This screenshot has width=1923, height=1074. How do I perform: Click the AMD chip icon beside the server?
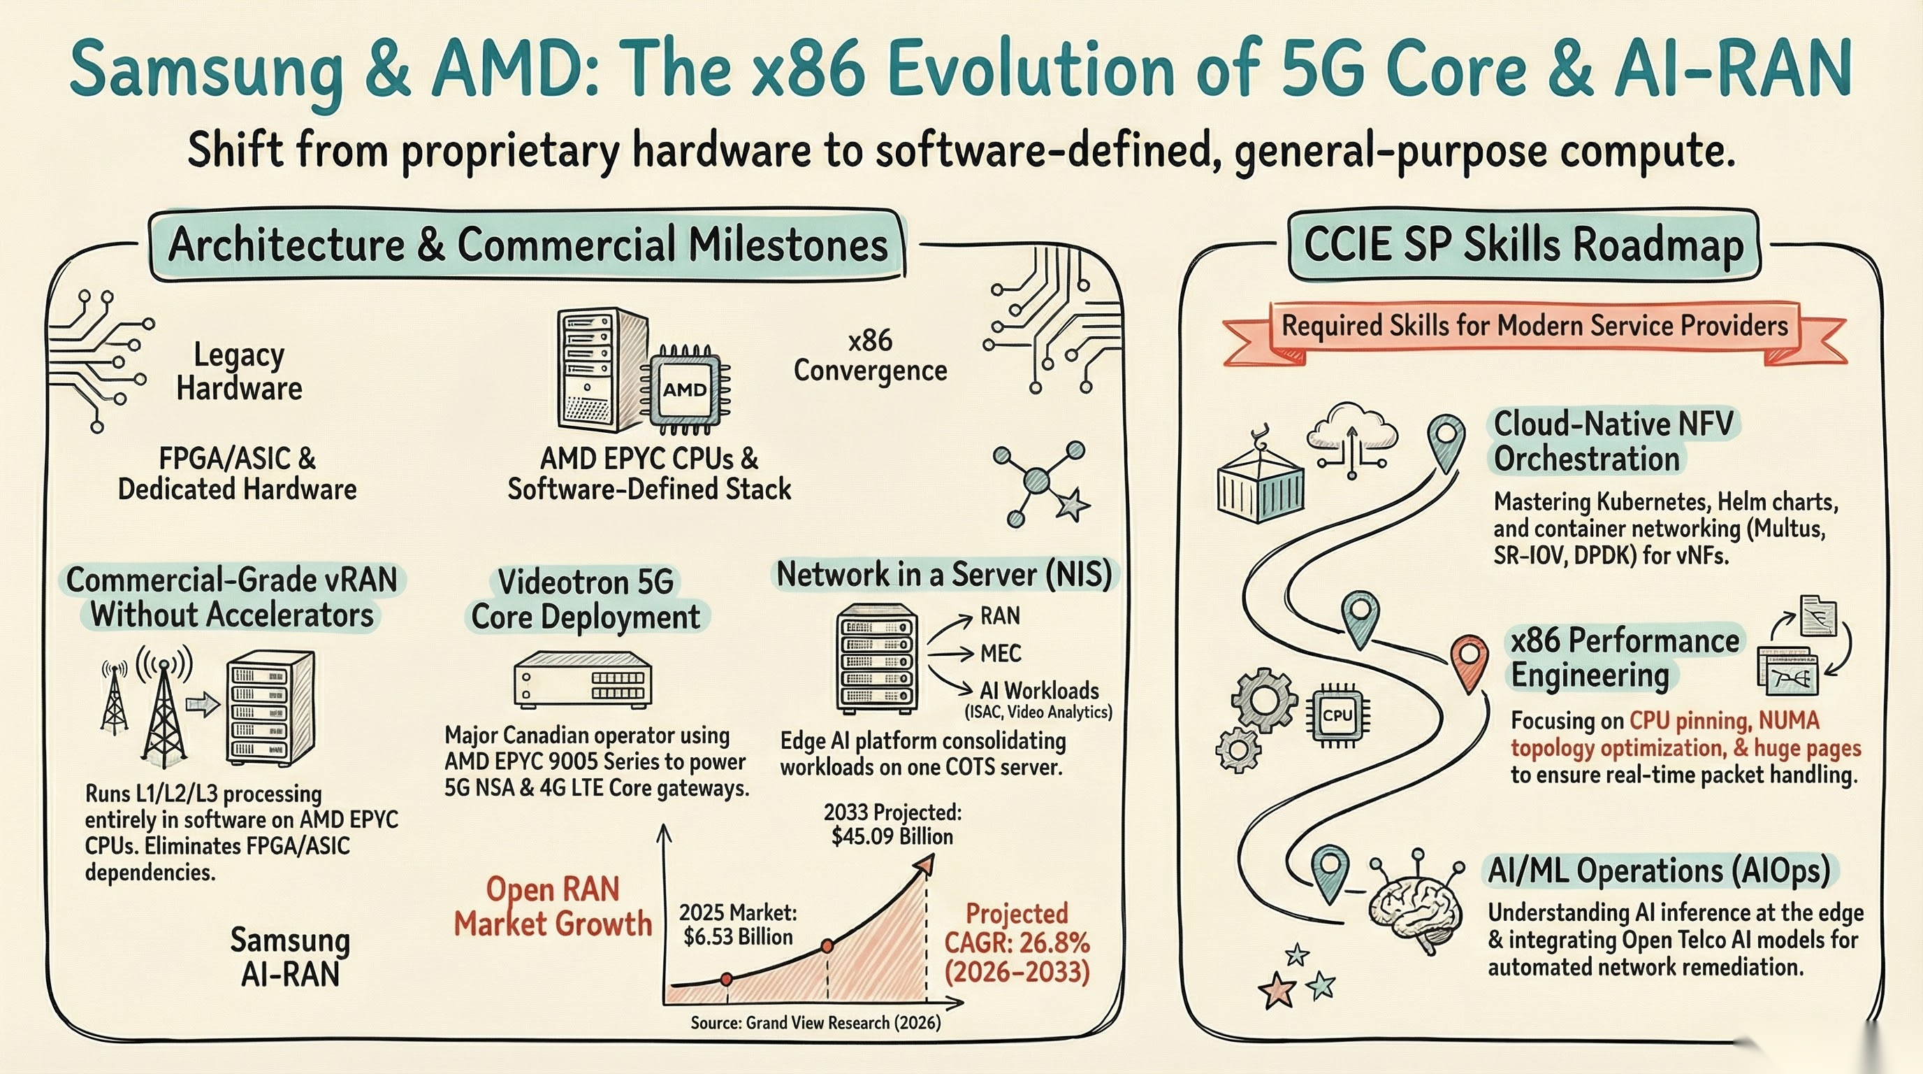685,389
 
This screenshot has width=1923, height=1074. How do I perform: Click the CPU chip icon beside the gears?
1337,715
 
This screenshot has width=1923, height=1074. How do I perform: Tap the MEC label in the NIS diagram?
1001,654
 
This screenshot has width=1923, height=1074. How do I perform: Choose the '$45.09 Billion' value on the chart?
892,836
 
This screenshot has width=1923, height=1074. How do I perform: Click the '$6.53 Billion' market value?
738,936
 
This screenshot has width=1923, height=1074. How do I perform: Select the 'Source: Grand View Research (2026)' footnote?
815,1022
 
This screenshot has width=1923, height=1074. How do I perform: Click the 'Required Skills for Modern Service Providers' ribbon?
1534,327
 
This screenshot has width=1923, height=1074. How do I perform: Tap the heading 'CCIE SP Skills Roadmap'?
1523,245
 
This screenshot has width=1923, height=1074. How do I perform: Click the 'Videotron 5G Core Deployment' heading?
586,599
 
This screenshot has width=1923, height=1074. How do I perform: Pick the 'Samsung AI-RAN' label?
290,957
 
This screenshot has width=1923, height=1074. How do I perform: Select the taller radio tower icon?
164,706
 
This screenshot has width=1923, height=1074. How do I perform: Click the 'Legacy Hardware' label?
239,371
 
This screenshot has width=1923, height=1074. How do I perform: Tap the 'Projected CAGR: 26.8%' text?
1017,929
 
